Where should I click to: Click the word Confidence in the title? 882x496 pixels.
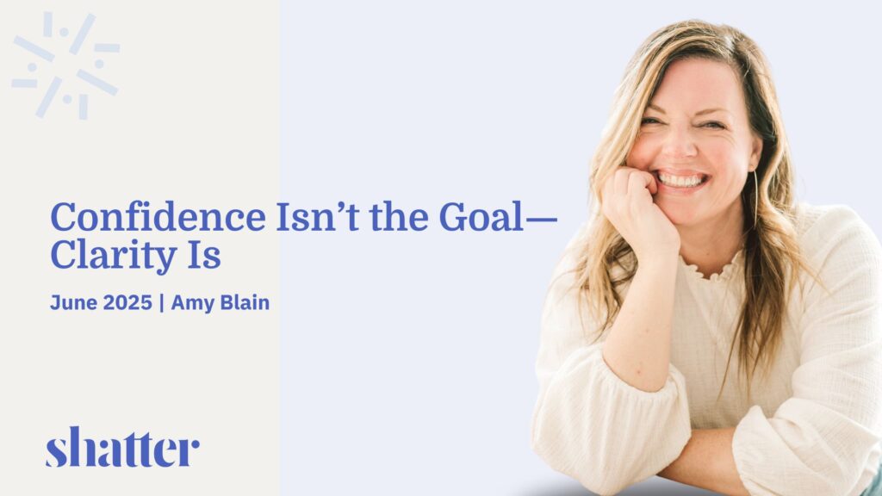158,217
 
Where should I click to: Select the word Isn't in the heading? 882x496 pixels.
317,217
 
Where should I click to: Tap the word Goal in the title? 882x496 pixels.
481,217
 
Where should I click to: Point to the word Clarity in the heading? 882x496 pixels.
114,255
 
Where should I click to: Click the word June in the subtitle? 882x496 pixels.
74,302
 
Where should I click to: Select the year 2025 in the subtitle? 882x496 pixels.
127,302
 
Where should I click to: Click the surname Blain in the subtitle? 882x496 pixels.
245,302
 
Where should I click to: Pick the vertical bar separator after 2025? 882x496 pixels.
162,302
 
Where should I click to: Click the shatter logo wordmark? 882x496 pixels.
122,447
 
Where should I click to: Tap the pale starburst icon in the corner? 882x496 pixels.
65,65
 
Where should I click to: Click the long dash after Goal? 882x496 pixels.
541,220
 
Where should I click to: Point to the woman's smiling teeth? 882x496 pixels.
682,181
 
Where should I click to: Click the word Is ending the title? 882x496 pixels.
203,255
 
